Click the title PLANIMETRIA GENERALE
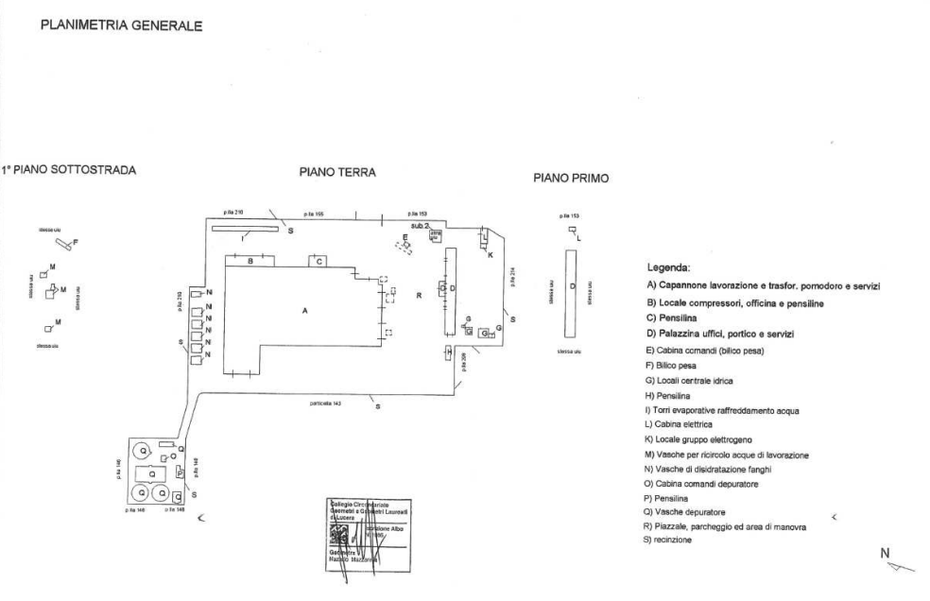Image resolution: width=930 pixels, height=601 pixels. pos(120,26)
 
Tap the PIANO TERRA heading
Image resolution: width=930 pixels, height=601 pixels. pos(337,173)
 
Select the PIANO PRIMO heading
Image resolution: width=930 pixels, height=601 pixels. pos(571,178)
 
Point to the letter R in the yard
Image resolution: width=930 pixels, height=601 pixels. pos(417,295)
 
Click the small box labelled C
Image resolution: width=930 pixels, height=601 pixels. pos(319,261)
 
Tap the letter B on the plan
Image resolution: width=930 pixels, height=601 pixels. pos(250,260)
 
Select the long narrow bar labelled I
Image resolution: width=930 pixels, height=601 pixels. pos(245,228)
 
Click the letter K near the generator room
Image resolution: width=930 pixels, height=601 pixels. pos(490,255)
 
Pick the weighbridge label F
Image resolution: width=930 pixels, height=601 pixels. pos(76,243)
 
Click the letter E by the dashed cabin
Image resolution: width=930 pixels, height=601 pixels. pos(405,236)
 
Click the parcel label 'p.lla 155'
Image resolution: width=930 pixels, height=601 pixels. pos(313,214)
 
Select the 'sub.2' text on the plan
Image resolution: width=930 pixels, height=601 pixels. pos(420,227)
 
